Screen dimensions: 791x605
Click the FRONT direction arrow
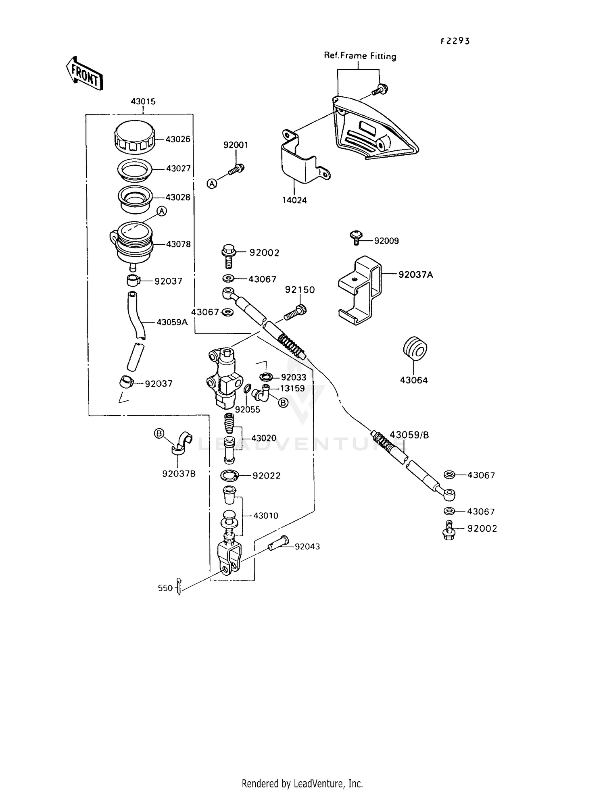(x=84, y=73)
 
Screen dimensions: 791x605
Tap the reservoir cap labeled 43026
(x=134, y=137)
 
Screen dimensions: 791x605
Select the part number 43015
(x=143, y=102)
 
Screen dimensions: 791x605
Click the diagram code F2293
(x=455, y=41)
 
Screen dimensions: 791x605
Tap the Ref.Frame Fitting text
(x=360, y=56)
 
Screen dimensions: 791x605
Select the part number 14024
(x=294, y=200)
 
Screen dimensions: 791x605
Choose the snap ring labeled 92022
(x=230, y=475)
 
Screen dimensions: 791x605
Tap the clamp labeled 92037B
(x=182, y=443)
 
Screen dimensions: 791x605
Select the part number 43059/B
(x=409, y=435)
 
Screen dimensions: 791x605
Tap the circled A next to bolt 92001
(x=212, y=183)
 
